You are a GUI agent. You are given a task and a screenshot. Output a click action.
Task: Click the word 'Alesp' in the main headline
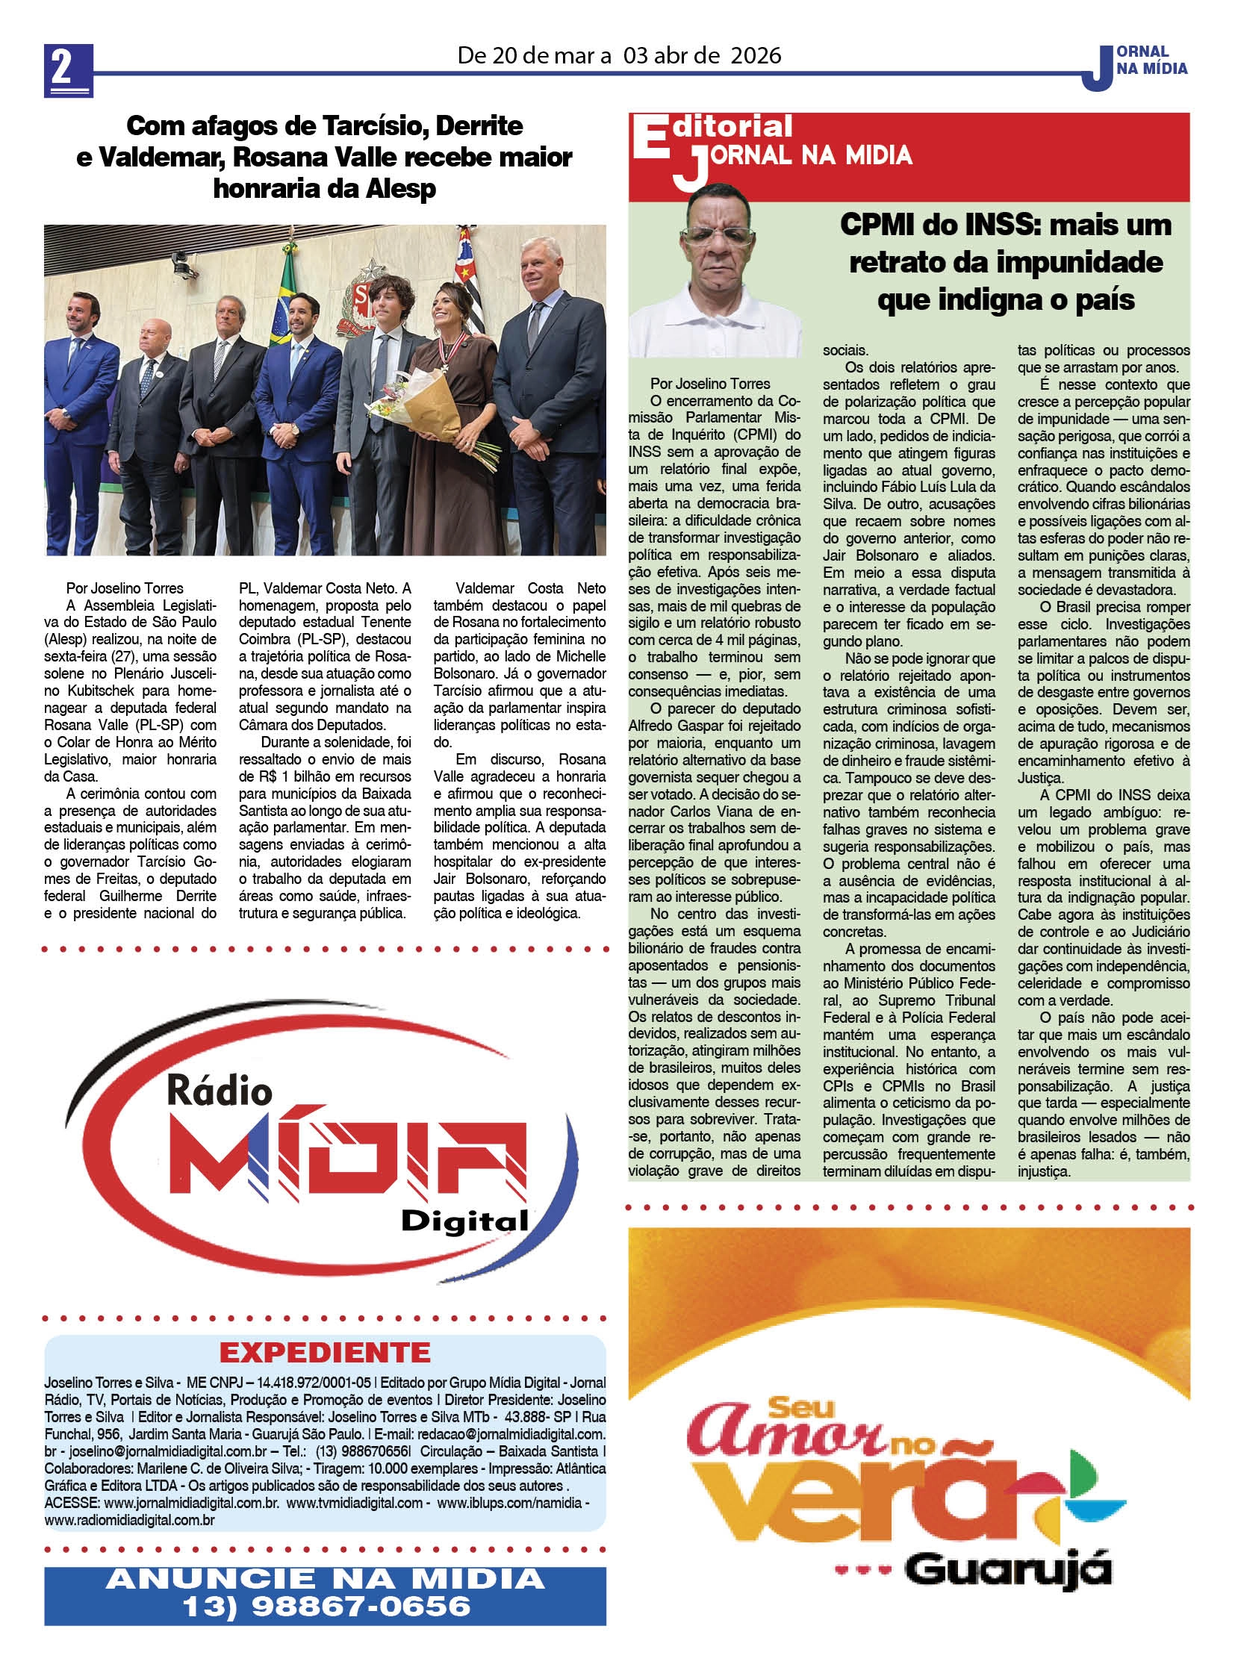(401, 188)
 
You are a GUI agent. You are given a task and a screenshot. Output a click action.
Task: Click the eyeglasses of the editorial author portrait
(718, 237)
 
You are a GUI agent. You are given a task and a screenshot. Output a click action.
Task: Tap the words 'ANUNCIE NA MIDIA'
(326, 1578)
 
